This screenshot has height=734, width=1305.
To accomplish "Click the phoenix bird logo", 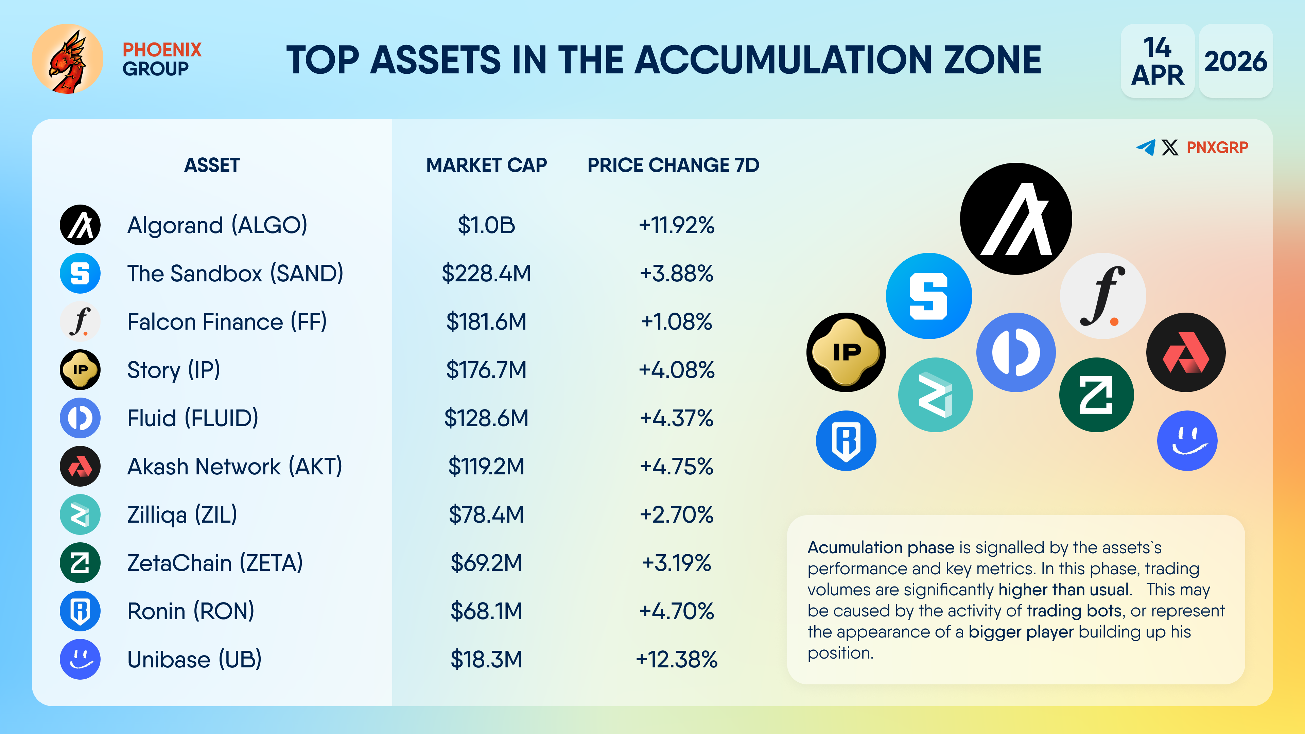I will [67, 59].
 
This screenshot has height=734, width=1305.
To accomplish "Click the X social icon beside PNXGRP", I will [1170, 147].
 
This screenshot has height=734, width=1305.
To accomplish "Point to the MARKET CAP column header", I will [486, 165].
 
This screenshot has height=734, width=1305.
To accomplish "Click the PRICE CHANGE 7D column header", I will [673, 165].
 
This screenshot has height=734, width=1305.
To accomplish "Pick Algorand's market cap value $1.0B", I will [486, 225].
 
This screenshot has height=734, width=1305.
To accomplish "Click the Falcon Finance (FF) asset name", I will [227, 322].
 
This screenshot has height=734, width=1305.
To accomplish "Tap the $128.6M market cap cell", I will [486, 418].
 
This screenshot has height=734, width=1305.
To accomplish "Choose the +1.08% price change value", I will [676, 322].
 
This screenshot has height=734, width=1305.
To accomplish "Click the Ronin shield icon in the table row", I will [80, 611].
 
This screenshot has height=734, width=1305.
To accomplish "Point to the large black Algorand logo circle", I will [1016, 219].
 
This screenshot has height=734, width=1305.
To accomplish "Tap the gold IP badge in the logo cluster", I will [846, 352].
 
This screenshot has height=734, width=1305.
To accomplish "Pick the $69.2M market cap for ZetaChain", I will [486, 563].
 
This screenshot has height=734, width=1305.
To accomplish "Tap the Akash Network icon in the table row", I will [80, 466].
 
